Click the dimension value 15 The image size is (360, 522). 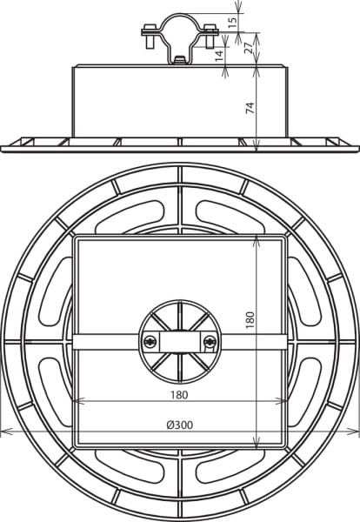(234, 22)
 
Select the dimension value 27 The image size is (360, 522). (250, 47)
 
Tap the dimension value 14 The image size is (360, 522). (219, 56)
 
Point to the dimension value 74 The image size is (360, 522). (250, 108)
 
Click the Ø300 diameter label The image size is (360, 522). (180, 425)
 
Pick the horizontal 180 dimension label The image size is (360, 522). (179, 395)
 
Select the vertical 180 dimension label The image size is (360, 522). (250, 320)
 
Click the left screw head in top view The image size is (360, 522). (150, 341)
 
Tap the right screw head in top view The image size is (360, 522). (210, 341)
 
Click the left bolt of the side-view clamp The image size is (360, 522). (150, 36)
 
